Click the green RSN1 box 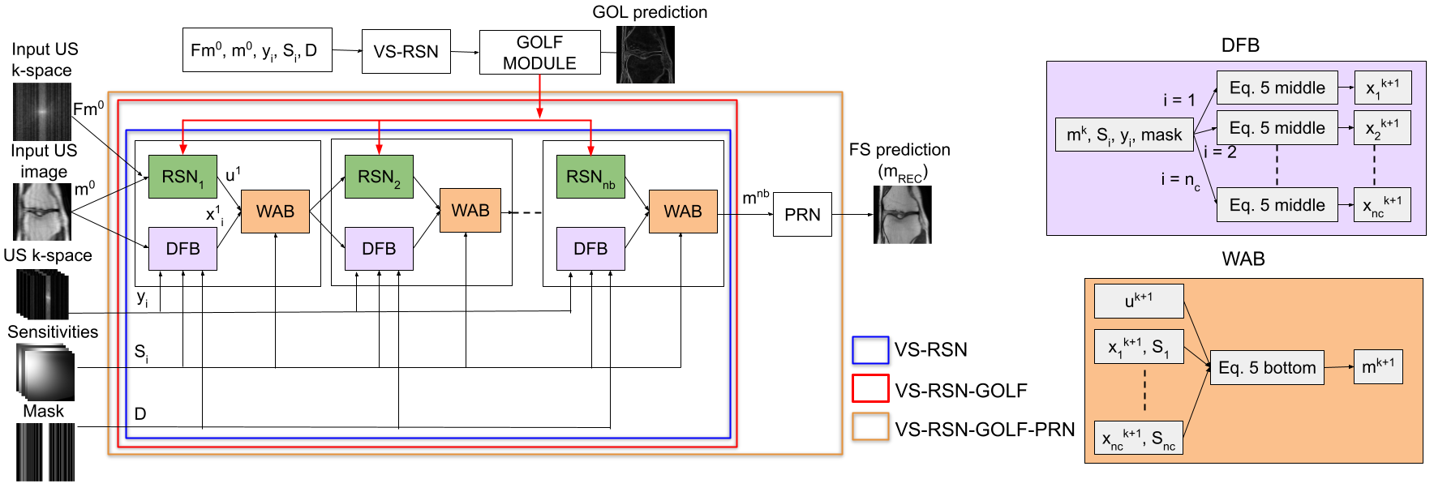tap(182, 177)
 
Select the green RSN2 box tap(379, 177)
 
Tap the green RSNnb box tap(590, 177)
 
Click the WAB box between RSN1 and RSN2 tap(275, 212)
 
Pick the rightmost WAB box tap(683, 212)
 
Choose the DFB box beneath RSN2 tap(379, 249)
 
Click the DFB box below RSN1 tap(182, 249)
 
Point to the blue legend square tap(870, 350)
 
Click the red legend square tap(870, 388)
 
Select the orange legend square tap(870, 426)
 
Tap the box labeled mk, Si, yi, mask tap(1124, 135)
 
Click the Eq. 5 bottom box tap(1267, 368)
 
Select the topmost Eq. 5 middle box tap(1277, 88)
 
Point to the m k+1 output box tap(1377, 367)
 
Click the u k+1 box tap(1139, 302)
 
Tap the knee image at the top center tap(646, 55)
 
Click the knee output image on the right tap(903, 215)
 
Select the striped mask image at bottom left tap(46, 451)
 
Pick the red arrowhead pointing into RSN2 tap(379, 149)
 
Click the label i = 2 tap(1220, 152)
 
